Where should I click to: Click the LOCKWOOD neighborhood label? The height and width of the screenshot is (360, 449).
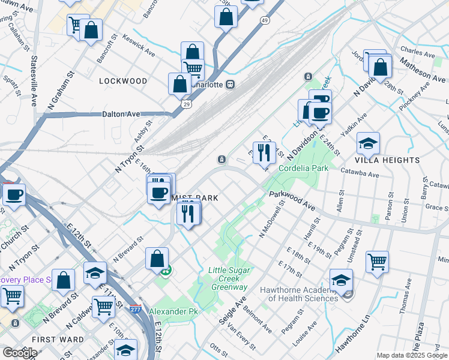click(123, 81)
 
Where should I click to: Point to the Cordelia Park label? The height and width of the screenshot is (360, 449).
click(303, 169)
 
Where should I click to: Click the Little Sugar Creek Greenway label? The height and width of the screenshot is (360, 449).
click(228, 278)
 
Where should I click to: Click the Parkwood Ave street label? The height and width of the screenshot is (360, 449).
click(292, 201)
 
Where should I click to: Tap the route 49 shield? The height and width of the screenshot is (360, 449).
click(265, 20)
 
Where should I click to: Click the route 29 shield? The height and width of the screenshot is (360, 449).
click(187, 104)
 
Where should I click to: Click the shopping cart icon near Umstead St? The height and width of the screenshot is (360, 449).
click(377, 261)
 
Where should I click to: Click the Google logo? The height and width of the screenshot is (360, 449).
click(20, 353)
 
